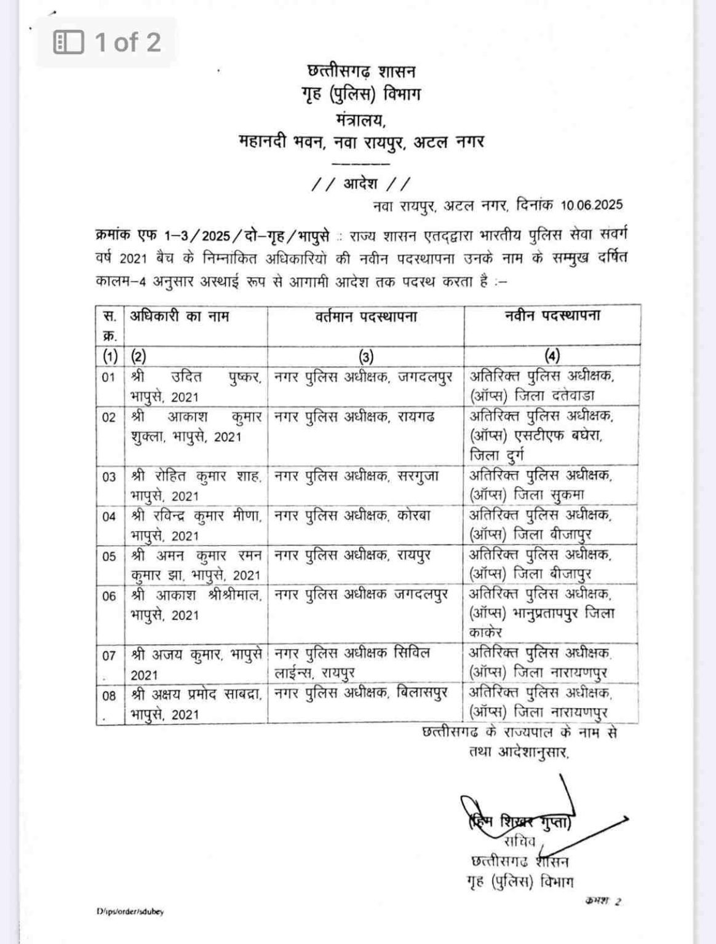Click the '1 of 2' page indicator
pyautogui.click(x=108, y=42)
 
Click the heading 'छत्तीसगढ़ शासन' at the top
pyautogui.click(x=361, y=71)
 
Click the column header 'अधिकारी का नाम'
pyautogui.click(x=180, y=317)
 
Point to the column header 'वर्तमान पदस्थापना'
pyautogui.click(x=365, y=317)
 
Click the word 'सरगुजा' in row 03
pyautogui.click(x=418, y=476)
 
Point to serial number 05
pyautogui.click(x=109, y=556)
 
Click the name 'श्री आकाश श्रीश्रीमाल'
pyautogui.click(x=196, y=596)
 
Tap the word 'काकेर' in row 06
pyautogui.click(x=486, y=632)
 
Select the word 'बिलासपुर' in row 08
pyautogui.click(x=421, y=693)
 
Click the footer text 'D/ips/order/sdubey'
pyautogui.click(x=130, y=912)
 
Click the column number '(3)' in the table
pyautogui.click(x=365, y=356)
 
